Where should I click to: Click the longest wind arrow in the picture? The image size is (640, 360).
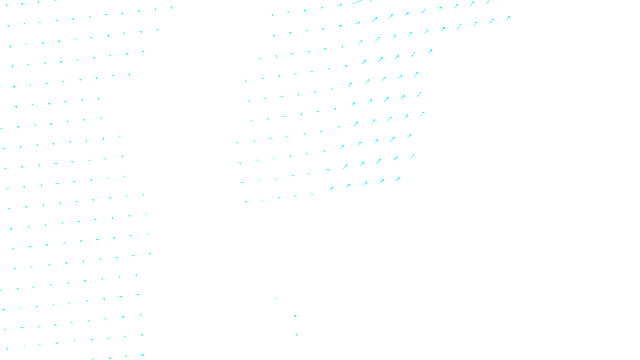[x=357, y=2]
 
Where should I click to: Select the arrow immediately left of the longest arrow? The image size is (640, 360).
[x=339, y=5]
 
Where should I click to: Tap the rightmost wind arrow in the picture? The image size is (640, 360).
[x=508, y=18]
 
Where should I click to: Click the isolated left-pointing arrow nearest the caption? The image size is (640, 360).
[x=297, y=334]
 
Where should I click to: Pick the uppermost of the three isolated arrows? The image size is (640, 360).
[x=275, y=298]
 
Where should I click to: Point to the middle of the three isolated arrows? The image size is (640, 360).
[x=295, y=316]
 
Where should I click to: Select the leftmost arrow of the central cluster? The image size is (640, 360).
[x=237, y=143]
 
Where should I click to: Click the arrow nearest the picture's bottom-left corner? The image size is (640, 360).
[x=7, y=348]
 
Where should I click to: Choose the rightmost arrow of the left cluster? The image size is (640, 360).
[x=171, y=7]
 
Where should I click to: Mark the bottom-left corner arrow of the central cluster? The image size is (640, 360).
[x=246, y=202]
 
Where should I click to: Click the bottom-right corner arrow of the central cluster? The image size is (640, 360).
[x=398, y=179]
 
